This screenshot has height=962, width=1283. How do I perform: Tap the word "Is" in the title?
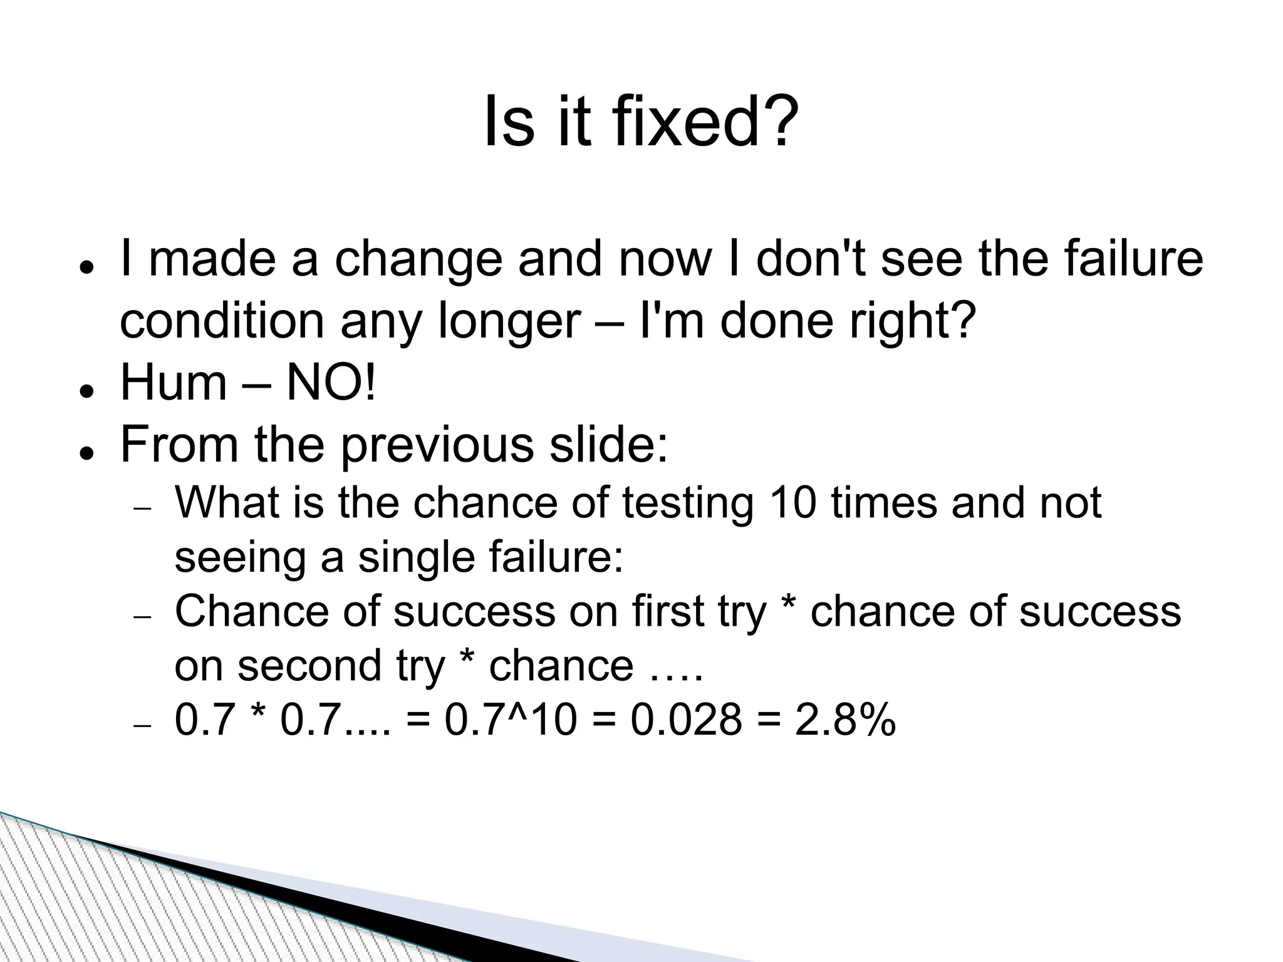(x=509, y=122)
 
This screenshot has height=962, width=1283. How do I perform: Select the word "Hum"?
(x=173, y=383)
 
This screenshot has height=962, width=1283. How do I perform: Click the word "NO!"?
(x=331, y=383)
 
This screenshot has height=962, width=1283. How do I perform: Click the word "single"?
(x=416, y=557)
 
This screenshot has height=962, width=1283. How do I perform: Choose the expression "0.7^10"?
(x=510, y=720)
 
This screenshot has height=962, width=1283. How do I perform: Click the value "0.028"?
(x=686, y=720)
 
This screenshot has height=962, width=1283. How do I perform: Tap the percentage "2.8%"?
(x=845, y=720)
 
